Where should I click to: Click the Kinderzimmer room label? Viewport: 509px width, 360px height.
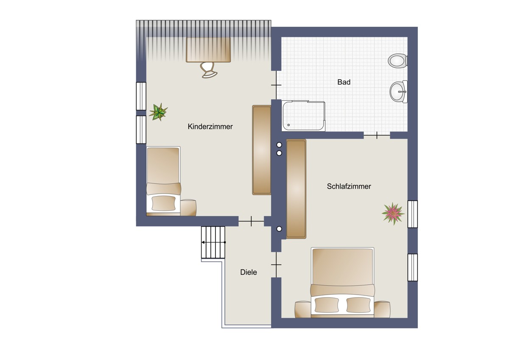(x=210, y=127)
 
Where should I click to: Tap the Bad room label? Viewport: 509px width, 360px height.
(x=344, y=82)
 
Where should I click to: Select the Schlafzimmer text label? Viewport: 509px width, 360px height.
(x=349, y=186)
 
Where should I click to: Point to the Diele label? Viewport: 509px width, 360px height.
(x=249, y=272)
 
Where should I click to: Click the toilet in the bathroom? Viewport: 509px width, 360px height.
(x=397, y=61)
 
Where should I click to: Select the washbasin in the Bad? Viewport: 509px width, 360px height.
(x=399, y=92)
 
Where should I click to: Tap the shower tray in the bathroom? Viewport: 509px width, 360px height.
(x=303, y=116)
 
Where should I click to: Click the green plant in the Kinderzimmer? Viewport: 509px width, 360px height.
(x=158, y=112)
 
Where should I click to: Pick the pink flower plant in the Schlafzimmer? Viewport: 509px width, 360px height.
(x=393, y=214)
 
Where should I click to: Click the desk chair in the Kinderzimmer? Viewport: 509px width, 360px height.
(x=208, y=70)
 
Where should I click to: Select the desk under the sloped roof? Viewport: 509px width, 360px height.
(x=208, y=50)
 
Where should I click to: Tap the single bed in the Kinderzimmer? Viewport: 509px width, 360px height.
(x=163, y=181)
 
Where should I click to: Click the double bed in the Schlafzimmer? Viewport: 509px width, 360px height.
(x=342, y=282)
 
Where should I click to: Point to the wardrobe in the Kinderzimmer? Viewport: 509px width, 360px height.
(x=262, y=150)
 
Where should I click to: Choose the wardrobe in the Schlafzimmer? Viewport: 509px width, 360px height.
(x=296, y=189)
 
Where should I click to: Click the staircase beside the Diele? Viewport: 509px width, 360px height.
(x=213, y=242)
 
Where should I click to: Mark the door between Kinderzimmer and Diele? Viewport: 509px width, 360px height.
(x=251, y=221)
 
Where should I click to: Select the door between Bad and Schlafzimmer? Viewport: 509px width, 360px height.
(x=377, y=135)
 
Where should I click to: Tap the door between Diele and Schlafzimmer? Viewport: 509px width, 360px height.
(x=276, y=265)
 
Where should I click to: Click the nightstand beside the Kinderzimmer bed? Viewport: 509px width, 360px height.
(x=188, y=208)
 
